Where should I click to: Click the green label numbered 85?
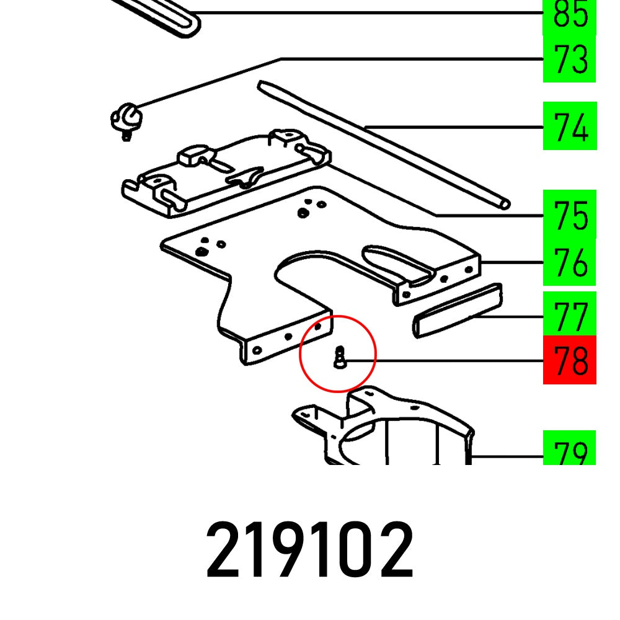(x=569, y=16)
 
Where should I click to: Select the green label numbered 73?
(x=569, y=60)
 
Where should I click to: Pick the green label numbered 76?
(x=569, y=263)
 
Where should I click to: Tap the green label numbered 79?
(x=569, y=449)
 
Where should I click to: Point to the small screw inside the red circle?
(x=339, y=358)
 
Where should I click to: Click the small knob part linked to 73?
(x=126, y=117)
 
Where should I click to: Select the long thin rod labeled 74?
(x=384, y=143)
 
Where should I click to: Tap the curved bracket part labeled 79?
(x=397, y=428)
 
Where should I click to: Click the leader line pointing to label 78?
(x=446, y=360)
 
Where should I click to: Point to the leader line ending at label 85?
(x=372, y=13)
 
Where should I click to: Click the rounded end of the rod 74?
(x=505, y=203)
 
